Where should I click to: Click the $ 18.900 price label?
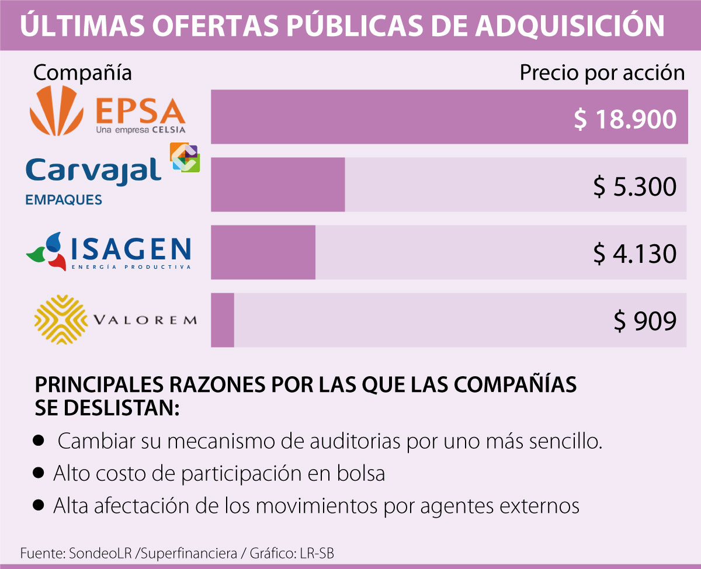[x=624, y=119]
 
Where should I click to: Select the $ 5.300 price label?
[x=635, y=186]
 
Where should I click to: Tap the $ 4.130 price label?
[x=635, y=254]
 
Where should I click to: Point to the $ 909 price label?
[x=645, y=321]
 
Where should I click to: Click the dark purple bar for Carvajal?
[x=277, y=184]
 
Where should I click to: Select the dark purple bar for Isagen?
[x=263, y=252]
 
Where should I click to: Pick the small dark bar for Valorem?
[x=223, y=320]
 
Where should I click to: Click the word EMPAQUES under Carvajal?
[x=64, y=200]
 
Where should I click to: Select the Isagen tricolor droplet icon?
[x=47, y=251]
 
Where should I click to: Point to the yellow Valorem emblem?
[x=59, y=319]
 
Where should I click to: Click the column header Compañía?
[x=82, y=73]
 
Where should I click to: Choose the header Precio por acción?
[x=602, y=73]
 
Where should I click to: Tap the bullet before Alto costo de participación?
[x=39, y=473]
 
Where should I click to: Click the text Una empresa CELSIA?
[x=140, y=130]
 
